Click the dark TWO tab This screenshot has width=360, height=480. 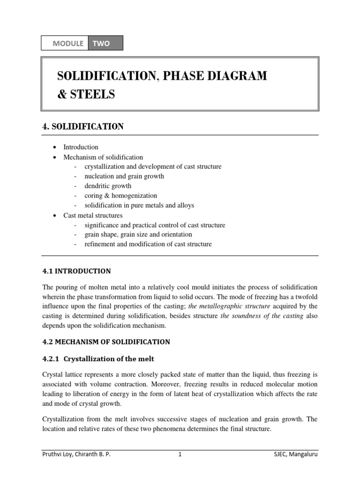click(105, 43)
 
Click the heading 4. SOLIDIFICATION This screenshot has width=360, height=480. click(83, 127)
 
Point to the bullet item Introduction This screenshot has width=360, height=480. click(81, 147)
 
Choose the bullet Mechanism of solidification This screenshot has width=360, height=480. click(103, 157)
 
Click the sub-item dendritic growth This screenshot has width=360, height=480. click(108, 186)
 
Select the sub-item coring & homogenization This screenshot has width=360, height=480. click(120, 195)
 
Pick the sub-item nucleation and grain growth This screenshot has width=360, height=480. click(124, 176)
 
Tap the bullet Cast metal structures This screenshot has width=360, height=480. click(93, 215)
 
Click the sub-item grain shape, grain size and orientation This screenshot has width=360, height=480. click(138, 234)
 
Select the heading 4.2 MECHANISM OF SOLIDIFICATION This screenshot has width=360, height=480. click(106, 342)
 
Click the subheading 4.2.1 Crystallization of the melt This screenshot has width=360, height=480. click(98, 359)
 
